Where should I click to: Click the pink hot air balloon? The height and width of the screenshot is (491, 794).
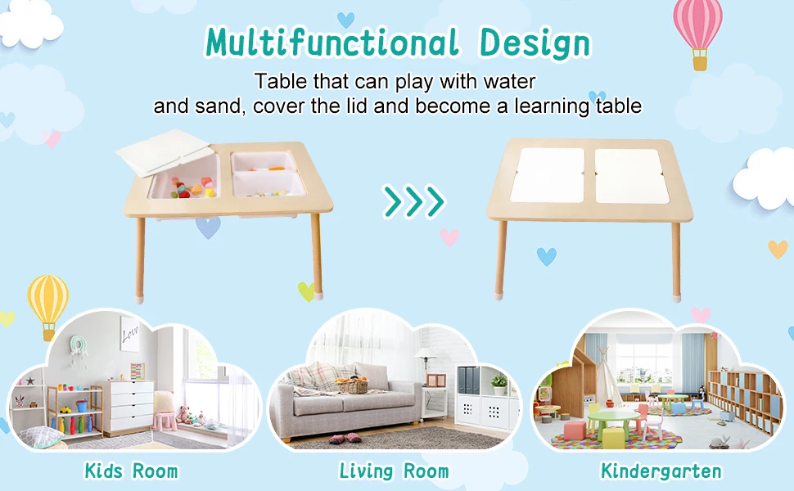click(x=697, y=29)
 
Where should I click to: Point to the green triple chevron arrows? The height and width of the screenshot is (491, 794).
click(x=414, y=200)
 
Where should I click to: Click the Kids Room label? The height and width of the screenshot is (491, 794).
click(x=131, y=471)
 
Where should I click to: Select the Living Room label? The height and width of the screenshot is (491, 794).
click(x=395, y=471)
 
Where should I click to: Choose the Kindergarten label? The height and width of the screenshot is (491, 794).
click(x=661, y=471)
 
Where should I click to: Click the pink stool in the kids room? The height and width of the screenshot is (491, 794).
click(x=165, y=421)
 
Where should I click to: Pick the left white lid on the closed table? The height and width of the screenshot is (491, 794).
click(x=548, y=174)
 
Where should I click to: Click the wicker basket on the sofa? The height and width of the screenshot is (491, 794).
click(x=354, y=384)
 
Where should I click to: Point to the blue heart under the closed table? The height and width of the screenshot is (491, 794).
click(x=547, y=256)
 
